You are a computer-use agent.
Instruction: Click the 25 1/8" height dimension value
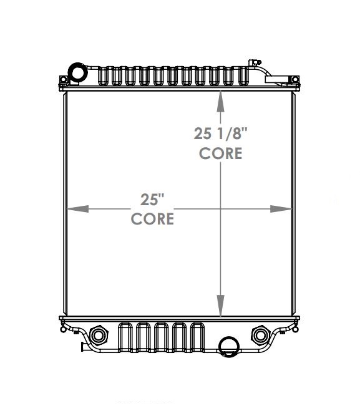pyautogui.click(x=220, y=133)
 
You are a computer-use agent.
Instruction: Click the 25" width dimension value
pyautogui.click(x=152, y=200)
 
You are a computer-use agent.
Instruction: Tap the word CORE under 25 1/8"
pyautogui.click(x=220, y=153)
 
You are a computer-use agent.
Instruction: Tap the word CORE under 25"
pyautogui.click(x=152, y=219)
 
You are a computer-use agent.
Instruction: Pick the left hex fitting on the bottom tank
pyautogui.click(x=98, y=335)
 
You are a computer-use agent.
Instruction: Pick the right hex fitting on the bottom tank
pyautogui.click(x=260, y=335)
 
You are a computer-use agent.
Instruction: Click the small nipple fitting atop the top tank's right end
pyautogui.click(x=252, y=62)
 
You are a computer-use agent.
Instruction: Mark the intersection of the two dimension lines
pyautogui.click(x=220, y=209)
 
